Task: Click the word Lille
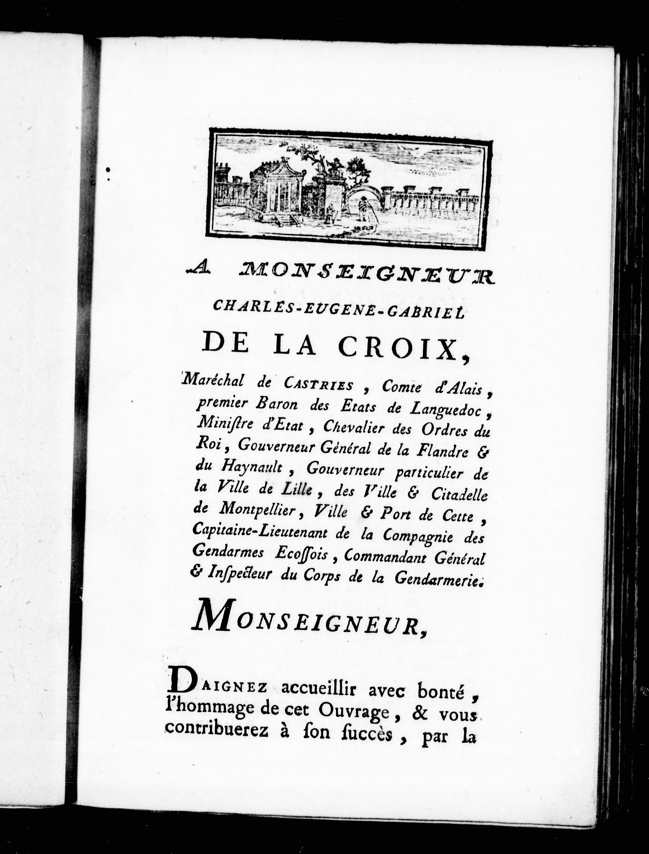tap(298, 490)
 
